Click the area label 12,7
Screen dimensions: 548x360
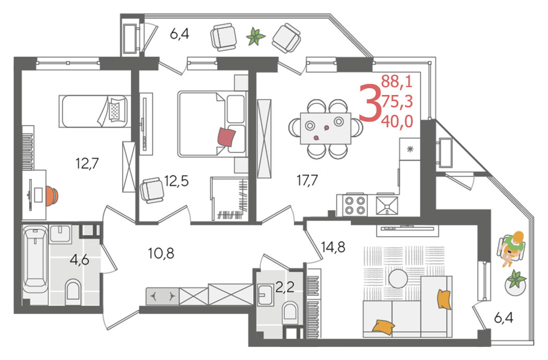tap(87, 163)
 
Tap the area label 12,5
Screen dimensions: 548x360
tap(176, 181)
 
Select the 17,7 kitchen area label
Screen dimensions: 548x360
tap(307, 181)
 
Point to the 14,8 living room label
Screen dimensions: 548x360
tap(333, 247)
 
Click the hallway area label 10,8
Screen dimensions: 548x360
tap(161, 253)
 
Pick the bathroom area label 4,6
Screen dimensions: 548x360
tap(80, 259)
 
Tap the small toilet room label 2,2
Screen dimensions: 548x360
tap(285, 287)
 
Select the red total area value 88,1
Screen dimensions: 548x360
tap(397, 81)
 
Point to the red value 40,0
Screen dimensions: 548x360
tap(397, 121)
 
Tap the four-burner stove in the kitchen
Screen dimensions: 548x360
tap(355, 205)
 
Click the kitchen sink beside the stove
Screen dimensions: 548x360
tap(387, 205)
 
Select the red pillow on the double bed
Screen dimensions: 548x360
tap(227, 137)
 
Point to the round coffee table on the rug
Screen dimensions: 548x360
tap(398, 279)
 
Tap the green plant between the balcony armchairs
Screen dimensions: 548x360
tap(256, 37)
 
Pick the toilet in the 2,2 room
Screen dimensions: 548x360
tap(290, 311)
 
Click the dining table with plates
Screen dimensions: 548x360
tap(326, 128)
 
